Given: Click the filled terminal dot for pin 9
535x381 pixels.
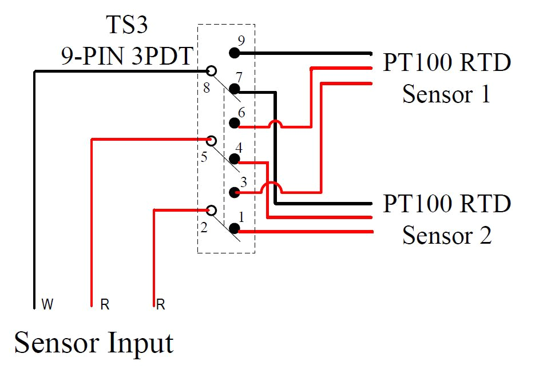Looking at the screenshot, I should pos(234,53).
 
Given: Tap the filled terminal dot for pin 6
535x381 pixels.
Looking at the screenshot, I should pos(234,123).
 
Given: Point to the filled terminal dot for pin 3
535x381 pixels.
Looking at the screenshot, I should pos(234,193).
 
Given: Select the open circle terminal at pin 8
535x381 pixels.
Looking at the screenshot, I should pos(211,71).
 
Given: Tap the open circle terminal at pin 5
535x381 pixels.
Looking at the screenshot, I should pos(211,141).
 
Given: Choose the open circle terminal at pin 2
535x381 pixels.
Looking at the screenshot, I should pos(211,211).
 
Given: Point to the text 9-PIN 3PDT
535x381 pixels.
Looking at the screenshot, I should pos(126,55).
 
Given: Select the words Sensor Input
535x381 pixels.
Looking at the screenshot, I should pos(94,343).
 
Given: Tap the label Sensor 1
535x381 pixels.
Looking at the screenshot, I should pos(446,94).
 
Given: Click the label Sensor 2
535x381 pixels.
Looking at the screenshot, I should pos(446,235).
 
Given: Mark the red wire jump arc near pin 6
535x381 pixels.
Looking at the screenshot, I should pos(276,123).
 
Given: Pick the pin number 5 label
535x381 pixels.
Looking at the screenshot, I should pos(204,157).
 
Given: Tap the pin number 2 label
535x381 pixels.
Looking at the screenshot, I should pos(204,228).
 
